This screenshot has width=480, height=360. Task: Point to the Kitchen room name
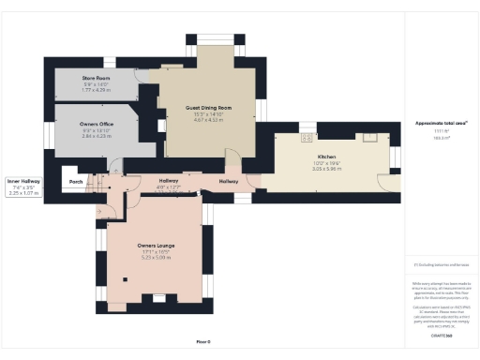(326, 157)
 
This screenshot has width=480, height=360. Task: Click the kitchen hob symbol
(307, 138)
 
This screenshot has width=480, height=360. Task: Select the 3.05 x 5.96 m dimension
(326, 168)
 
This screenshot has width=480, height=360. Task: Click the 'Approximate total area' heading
(441, 123)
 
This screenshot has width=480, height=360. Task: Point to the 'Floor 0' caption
(203, 341)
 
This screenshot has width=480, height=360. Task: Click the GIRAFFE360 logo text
(441, 335)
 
